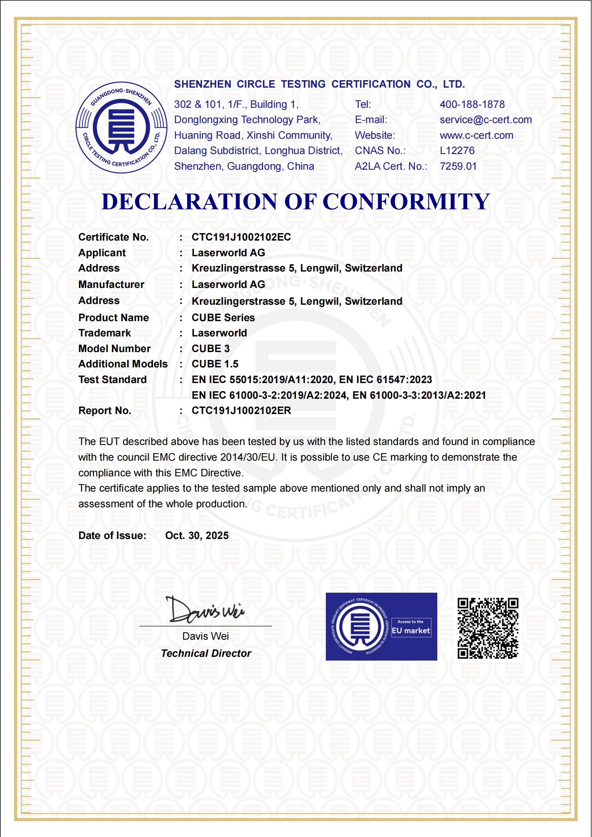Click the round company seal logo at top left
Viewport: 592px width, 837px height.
(121, 128)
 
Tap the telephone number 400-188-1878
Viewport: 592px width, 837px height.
(472, 104)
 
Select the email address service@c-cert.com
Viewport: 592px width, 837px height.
(485, 120)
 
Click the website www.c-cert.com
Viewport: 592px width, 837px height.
(476, 135)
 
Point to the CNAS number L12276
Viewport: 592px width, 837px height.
(457, 151)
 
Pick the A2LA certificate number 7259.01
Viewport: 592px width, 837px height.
(458, 166)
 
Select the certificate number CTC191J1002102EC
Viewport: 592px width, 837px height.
(241, 237)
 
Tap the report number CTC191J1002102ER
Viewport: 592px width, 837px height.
(241, 411)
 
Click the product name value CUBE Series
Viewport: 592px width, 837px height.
(223, 318)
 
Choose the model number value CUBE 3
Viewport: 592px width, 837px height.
(210, 349)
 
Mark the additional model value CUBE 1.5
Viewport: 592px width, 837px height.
(215, 364)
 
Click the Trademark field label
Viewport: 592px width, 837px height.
(104, 333)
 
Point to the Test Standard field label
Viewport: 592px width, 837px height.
(112, 380)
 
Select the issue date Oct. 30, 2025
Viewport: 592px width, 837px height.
(197, 536)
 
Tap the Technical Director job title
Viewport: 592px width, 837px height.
(206, 653)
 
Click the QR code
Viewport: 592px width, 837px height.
(488, 628)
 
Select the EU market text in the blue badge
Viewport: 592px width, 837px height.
(411, 631)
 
